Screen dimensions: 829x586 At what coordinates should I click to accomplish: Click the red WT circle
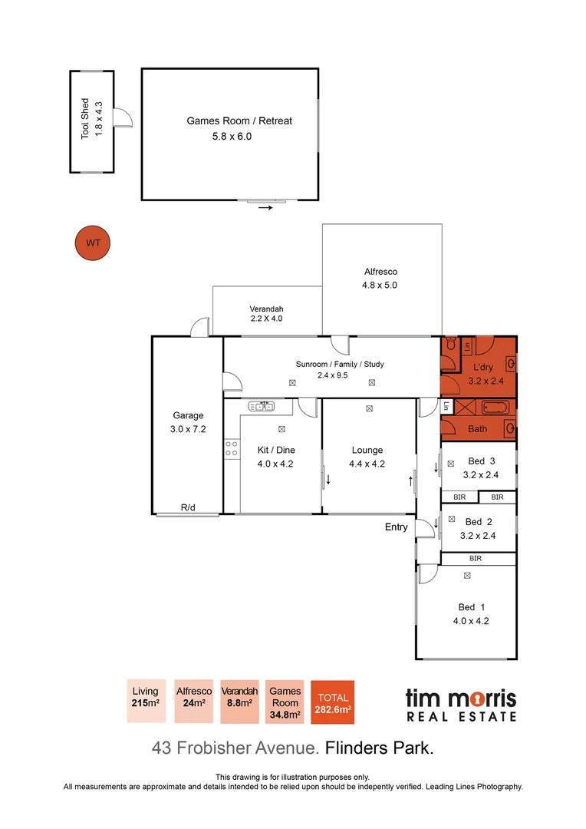[x=93, y=243]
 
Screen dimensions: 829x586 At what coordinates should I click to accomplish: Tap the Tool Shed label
[x=85, y=118]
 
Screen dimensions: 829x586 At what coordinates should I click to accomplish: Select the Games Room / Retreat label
[x=239, y=121]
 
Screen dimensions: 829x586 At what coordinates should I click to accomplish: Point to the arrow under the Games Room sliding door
[x=265, y=207]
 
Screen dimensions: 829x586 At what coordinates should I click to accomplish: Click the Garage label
[x=188, y=416]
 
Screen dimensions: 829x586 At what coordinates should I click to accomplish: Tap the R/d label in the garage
[x=188, y=507]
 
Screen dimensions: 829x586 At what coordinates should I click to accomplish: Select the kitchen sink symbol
[x=262, y=405]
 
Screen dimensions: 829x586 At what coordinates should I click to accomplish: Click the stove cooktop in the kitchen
[x=231, y=449]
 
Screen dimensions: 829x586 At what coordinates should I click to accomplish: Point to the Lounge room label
[x=367, y=451]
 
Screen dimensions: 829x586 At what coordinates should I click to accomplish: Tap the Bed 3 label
[x=482, y=461]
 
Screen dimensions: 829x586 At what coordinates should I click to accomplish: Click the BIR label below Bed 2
[x=476, y=558]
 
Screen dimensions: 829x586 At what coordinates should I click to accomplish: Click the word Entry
[x=397, y=527]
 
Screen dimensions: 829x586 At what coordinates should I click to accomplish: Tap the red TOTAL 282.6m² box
[x=332, y=702]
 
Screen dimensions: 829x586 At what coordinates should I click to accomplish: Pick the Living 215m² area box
[x=145, y=701]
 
